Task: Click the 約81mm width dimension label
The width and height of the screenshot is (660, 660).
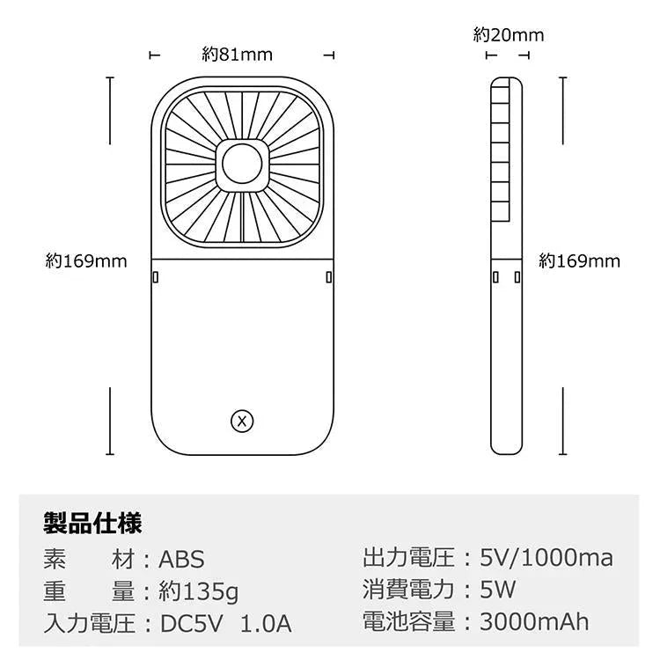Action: tap(237, 55)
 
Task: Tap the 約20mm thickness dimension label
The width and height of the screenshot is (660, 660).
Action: tap(509, 35)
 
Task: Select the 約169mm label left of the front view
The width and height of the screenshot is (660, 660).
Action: tap(86, 261)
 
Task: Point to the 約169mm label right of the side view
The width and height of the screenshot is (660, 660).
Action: tap(580, 261)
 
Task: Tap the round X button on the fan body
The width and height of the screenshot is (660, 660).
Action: tap(242, 422)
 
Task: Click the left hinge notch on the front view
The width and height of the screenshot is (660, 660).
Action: tap(155, 277)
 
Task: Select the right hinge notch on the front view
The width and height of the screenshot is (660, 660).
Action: tap(328, 277)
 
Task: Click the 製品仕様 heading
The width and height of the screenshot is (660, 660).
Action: tap(92, 524)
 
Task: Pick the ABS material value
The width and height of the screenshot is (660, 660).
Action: tap(181, 559)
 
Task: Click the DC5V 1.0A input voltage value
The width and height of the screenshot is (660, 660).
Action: tap(225, 624)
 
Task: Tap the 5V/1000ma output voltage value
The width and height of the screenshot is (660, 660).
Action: tap(546, 557)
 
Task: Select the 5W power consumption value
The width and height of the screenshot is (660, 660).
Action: tap(498, 590)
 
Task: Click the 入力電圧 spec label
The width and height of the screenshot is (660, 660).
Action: tap(89, 624)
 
